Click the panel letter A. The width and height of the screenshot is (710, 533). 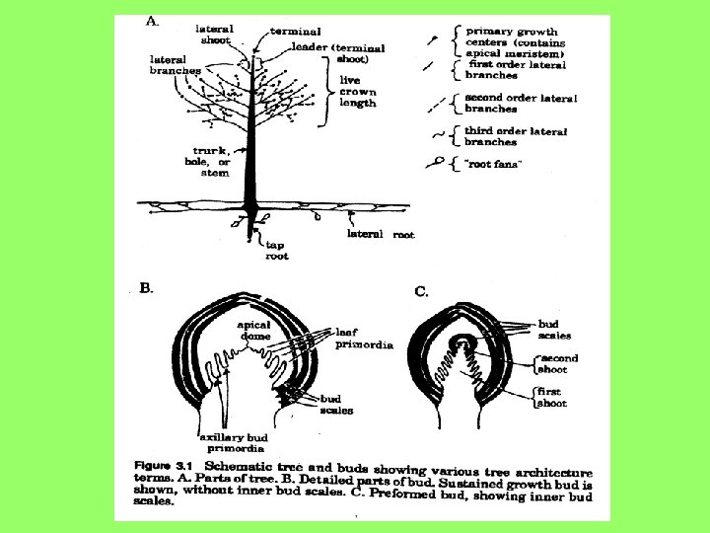coord(152,21)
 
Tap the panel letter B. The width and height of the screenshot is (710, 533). coord(146,288)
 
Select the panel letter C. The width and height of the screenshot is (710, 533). coord(420,291)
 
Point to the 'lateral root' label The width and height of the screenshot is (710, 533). coord(381,235)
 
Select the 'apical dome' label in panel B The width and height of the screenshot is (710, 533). coord(253,330)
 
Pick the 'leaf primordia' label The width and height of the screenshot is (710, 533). coord(363,339)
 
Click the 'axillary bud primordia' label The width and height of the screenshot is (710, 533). coord(233,441)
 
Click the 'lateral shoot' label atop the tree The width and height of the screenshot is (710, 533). coord(214,35)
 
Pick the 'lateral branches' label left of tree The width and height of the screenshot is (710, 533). coord(169,65)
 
